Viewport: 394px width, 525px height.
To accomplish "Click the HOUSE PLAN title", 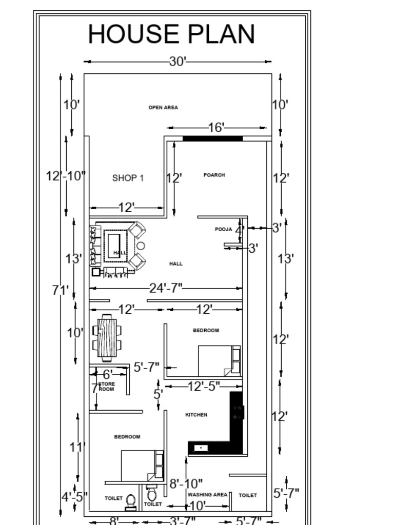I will (x=171, y=34).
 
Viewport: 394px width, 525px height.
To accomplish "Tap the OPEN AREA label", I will (x=163, y=108).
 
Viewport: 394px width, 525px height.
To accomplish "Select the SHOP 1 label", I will (x=128, y=178).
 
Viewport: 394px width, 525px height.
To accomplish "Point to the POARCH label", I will (x=214, y=175).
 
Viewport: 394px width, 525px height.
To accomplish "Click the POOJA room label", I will (x=223, y=229).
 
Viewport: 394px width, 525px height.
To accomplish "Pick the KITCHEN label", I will (x=196, y=415).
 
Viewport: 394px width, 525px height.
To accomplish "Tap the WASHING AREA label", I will (x=207, y=495).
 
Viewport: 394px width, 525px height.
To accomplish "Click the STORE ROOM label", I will (x=106, y=387).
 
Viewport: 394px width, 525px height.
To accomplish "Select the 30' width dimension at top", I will (x=177, y=62).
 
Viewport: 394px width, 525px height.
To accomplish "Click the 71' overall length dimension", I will (x=60, y=290).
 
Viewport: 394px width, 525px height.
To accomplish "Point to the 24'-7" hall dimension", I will (x=166, y=288).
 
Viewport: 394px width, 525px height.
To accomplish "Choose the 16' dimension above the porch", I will (x=216, y=127).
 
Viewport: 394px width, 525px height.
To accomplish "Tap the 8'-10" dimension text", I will (x=186, y=483).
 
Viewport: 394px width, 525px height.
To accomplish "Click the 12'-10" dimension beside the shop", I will (x=66, y=176).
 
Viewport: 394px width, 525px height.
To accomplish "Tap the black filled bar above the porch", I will (x=212, y=138).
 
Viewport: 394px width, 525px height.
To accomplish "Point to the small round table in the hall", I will (x=141, y=246).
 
